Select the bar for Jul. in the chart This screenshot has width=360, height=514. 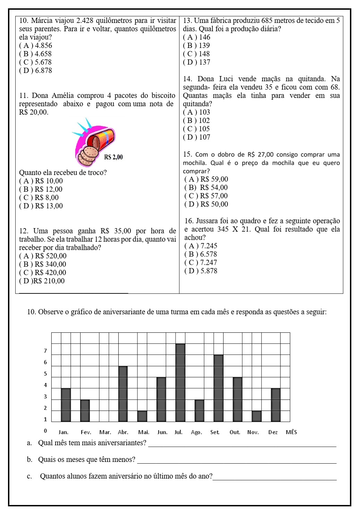click(x=180, y=382)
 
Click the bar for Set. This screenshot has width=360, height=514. click(x=218, y=388)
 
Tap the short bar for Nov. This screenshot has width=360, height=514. click(x=257, y=416)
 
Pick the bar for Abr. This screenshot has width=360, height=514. click(x=123, y=393)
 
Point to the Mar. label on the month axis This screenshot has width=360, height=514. click(x=105, y=432)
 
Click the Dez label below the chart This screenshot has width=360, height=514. click(x=273, y=432)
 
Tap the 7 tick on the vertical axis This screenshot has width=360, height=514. click(x=45, y=351)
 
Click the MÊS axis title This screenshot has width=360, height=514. click(x=291, y=432)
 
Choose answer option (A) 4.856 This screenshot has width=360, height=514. click(x=36, y=45)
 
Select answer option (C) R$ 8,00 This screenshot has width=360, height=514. click(x=39, y=198)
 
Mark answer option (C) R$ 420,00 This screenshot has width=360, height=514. click(x=43, y=273)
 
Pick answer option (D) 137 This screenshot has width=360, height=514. click(x=196, y=62)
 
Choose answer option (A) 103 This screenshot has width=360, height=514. click(x=196, y=112)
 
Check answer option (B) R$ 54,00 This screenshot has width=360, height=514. click(x=206, y=188)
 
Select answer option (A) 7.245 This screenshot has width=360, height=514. click(x=201, y=246)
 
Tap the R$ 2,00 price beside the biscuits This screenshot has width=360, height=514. click(x=114, y=157)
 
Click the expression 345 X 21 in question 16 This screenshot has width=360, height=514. click(x=235, y=229)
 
